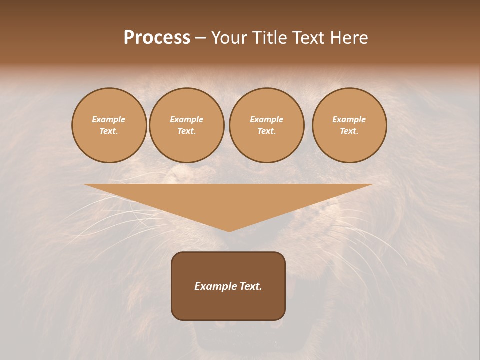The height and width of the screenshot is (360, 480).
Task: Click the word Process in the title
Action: click(x=157, y=38)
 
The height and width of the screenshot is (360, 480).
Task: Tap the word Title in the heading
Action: click(x=269, y=38)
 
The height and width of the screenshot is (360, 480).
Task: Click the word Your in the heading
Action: click(x=229, y=38)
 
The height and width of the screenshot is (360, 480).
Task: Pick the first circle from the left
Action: click(x=109, y=125)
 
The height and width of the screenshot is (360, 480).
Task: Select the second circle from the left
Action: click(x=187, y=125)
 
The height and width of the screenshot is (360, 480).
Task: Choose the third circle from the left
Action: click(x=267, y=125)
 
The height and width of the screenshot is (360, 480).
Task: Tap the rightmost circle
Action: click(x=349, y=125)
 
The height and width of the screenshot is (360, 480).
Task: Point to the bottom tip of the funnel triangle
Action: click(x=229, y=231)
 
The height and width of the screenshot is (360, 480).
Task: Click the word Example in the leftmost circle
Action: click(x=109, y=119)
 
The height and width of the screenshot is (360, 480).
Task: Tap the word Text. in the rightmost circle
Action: click(x=349, y=131)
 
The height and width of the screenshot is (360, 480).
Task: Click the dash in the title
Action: click(x=201, y=38)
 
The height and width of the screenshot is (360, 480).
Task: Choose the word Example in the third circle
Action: click(x=267, y=119)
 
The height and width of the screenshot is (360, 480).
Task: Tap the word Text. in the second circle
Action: click(x=187, y=131)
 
